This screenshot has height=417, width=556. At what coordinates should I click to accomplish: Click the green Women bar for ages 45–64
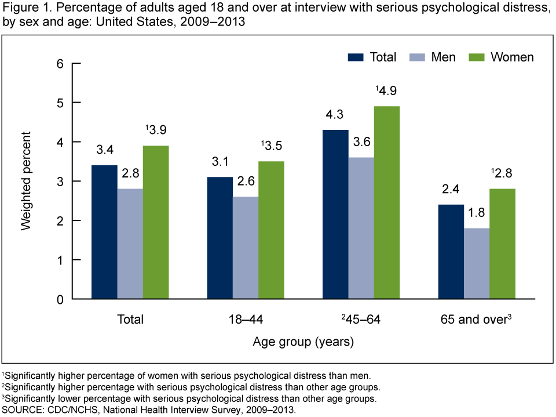[386, 203]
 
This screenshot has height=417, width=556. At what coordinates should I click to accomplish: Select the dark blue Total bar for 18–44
[220, 238]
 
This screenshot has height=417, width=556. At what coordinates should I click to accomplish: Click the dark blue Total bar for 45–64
[335, 215]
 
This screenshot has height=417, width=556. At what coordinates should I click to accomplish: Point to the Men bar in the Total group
[130, 244]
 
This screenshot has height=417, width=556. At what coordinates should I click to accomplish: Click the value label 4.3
[335, 117]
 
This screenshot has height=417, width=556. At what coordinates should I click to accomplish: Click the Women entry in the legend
[512, 57]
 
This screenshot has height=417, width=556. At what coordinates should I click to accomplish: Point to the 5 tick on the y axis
[60, 103]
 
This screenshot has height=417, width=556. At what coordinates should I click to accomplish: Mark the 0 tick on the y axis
[60, 299]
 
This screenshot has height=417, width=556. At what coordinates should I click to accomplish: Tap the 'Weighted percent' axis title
[26, 181]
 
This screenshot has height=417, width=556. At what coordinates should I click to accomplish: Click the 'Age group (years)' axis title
[303, 342]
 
